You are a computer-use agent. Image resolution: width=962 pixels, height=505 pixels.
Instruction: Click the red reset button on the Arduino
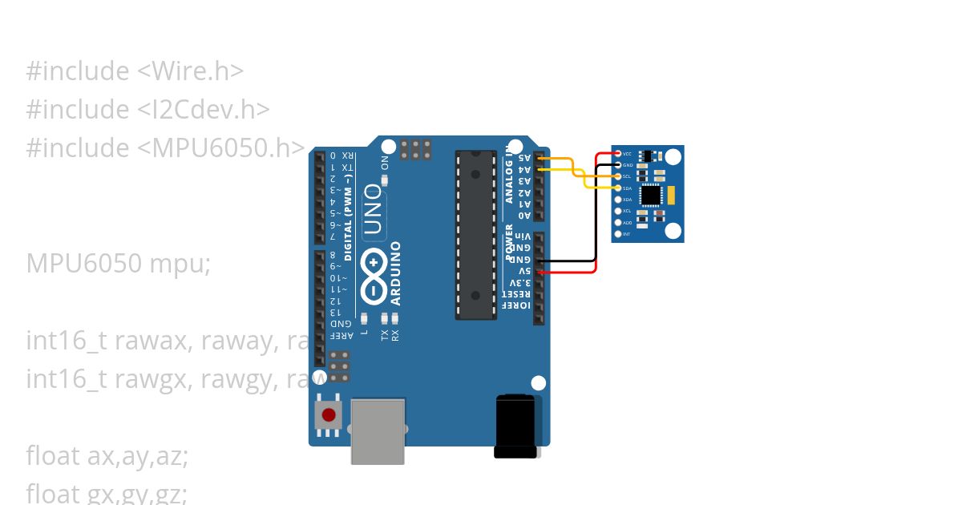click(x=329, y=415)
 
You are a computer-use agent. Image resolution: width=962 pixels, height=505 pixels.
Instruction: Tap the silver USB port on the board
click(x=378, y=430)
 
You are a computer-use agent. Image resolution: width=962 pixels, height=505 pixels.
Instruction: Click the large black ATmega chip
click(x=475, y=234)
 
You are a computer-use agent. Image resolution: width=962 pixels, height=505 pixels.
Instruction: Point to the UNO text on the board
click(x=374, y=210)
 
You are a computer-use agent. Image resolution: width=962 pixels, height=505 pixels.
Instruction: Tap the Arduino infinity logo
click(x=374, y=263)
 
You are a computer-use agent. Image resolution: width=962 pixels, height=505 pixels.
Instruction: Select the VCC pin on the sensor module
click(x=617, y=153)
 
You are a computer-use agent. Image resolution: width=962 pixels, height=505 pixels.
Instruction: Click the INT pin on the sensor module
click(x=617, y=234)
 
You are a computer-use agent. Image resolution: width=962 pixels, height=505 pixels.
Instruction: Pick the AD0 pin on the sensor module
click(x=617, y=222)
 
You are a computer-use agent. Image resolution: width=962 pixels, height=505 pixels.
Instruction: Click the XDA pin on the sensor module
click(x=617, y=199)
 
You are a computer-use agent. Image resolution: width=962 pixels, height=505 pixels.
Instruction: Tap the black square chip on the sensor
click(x=653, y=194)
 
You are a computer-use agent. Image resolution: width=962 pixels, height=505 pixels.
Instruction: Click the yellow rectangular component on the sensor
click(x=673, y=194)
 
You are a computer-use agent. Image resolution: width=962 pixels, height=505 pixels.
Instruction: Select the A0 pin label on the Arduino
click(x=523, y=216)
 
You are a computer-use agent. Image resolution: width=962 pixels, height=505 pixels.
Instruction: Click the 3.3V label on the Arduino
click(x=522, y=283)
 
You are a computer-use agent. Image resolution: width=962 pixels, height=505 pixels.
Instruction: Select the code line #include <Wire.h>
click(x=135, y=71)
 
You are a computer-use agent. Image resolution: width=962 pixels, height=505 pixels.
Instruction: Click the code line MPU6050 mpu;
click(x=119, y=263)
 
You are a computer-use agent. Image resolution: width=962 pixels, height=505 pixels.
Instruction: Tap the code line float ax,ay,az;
click(x=107, y=455)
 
